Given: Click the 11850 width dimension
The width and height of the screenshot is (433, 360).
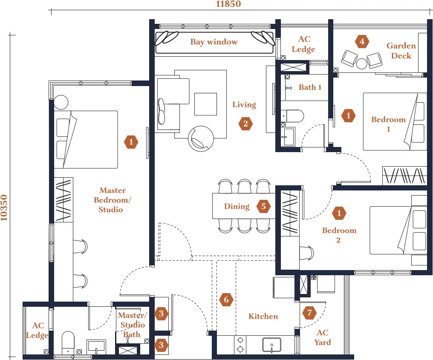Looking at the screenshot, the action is coord(228,4).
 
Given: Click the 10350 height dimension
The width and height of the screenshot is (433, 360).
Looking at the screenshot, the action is coord(4,207).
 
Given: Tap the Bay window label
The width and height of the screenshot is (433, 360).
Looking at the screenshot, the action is coord(214,42).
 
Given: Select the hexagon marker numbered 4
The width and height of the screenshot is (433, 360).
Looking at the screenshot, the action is coord(362,42).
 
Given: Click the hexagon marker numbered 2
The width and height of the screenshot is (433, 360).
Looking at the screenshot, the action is coord(245,124).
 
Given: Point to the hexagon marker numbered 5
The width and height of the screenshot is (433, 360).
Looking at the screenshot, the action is coord(263,206).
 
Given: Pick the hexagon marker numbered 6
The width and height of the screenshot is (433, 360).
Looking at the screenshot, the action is coord(226,300).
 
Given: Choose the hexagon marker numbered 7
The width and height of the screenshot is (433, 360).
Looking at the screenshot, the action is coord(309,313).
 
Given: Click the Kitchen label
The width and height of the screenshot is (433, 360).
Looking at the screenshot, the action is coord(263,317).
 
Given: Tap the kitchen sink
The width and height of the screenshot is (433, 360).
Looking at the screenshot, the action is coord(272,345).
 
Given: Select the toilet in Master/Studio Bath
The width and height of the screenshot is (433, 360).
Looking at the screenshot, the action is coord(68,343).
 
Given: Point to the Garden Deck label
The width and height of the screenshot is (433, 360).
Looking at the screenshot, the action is coord(401,51).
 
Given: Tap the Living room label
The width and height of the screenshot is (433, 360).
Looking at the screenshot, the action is coord(244,105).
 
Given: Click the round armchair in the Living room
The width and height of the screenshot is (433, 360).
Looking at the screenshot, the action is coord(201,138).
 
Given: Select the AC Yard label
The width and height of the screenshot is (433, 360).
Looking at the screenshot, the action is coord(322,337).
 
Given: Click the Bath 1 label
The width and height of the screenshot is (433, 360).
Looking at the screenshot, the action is coord(310,87).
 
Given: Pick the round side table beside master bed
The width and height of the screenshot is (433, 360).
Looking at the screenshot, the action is coord(61,102).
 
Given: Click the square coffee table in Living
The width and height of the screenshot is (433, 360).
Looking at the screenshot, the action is coord(205,104).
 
